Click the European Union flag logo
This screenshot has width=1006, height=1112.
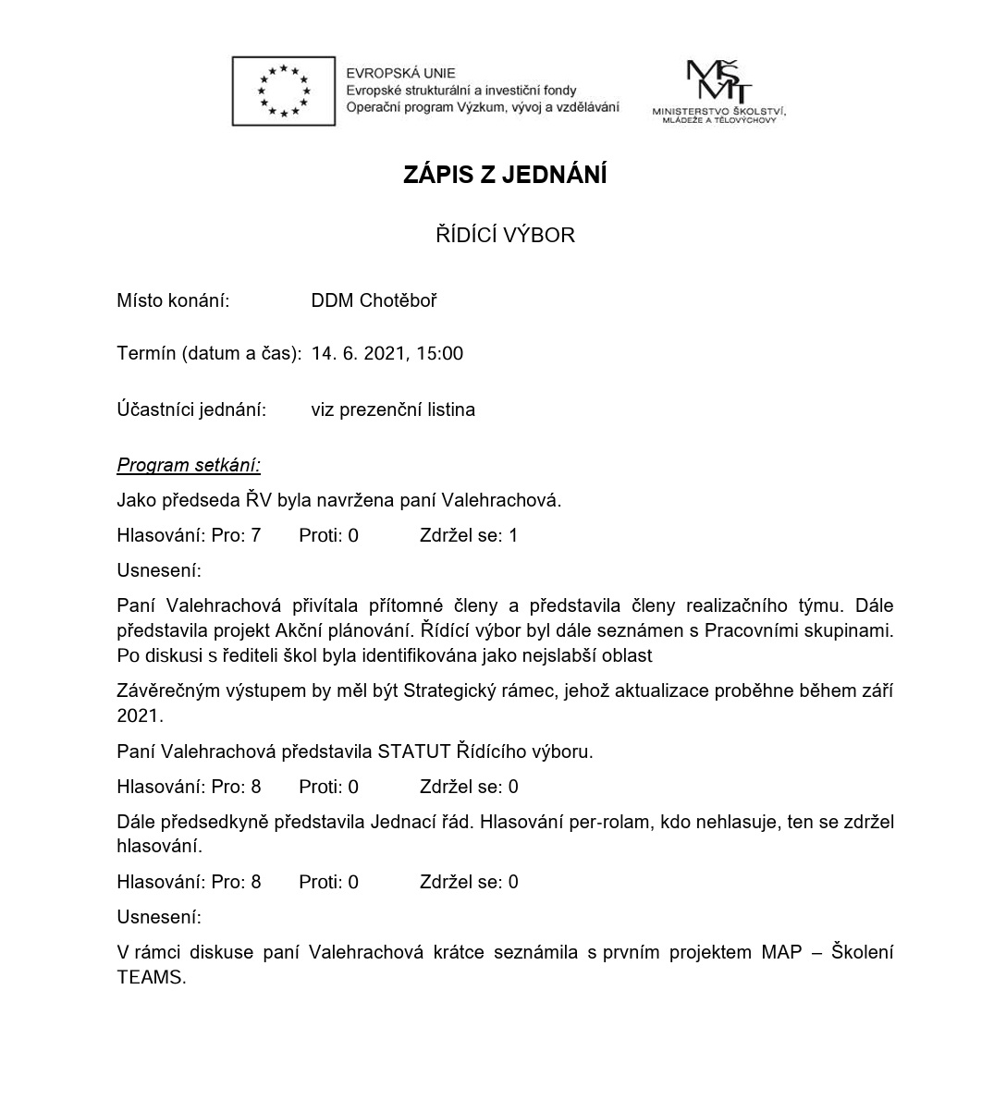pos(283,91)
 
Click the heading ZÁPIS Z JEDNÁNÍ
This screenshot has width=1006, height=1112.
pos(505,175)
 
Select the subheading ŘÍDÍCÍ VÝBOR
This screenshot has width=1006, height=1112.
pos(505,236)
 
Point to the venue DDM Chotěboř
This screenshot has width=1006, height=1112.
pos(374,300)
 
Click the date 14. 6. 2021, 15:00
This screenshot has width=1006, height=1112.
pos(386,354)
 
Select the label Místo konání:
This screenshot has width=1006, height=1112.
pos(173,300)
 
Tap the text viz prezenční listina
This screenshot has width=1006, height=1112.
pos(393,409)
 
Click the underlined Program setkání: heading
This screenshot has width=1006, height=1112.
pos(189,465)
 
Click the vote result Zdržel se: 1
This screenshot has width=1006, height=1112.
pos(469,535)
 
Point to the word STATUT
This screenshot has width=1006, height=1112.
pos(413,752)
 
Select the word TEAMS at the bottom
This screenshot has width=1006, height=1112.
pos(151,977)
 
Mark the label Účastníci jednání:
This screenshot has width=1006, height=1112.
pos(191,409)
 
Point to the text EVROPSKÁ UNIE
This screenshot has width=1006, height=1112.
pos(400,73)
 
